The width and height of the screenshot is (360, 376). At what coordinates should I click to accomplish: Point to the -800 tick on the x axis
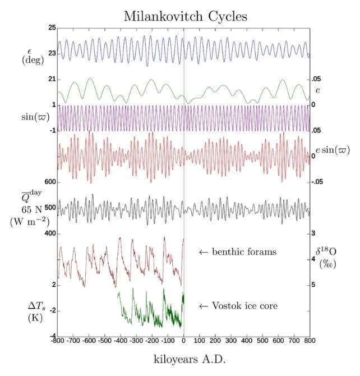(x=57, y=340)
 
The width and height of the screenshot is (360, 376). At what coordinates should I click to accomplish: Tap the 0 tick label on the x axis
(x=184, y=340)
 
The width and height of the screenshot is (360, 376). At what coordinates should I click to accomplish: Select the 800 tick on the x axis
(x=309, y=340)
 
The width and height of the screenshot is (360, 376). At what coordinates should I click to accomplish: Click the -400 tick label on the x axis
(x=121, y=340)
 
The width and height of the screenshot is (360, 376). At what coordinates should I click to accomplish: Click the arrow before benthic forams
(x=204, y=252)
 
